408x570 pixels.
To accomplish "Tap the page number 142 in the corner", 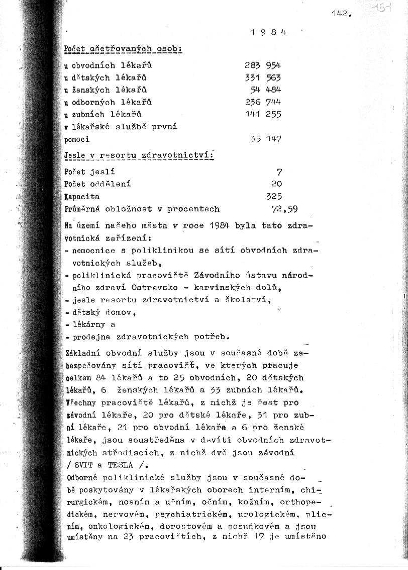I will pyautogui.click(x=340, y=14).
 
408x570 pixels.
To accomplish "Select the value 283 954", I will pyautogui.click(x=263, y=65).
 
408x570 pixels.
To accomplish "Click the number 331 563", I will pyautogui.click(x=263, y=77).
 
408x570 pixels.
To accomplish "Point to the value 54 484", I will pyautogui.click(x=266, y=90).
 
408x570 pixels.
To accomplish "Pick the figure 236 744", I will pyautogui.click(x=263, y=102).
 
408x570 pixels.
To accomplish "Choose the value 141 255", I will pyautogui.click(x=263, y=114).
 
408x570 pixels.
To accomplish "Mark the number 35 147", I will pyautogui.click(x=266, y=138).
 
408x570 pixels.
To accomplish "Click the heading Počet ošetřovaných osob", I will pyautogui.click(x=123, y=49).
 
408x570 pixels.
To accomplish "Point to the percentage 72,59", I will pyautogui.click(x=284, y=208).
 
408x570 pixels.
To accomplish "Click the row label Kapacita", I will pyautogui.click(x=82, y=196).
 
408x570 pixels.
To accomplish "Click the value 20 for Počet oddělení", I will pyautogui.click(x=276, y=184).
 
